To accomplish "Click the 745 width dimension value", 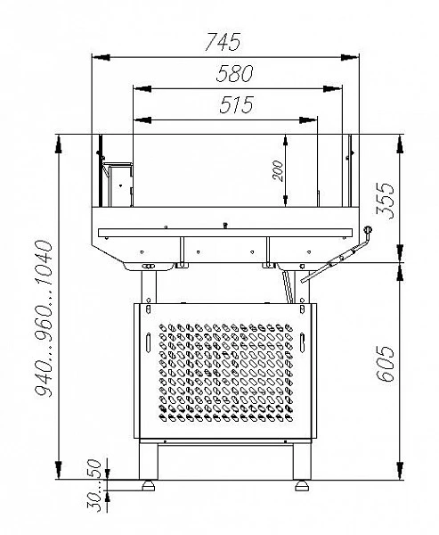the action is tap(223, 42).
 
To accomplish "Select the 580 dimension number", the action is tap(235, 73).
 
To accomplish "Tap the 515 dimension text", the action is tap(237, 104).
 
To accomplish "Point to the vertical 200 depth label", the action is tap(278, 170).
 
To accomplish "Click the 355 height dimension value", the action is tap(386, 201).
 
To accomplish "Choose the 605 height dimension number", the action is tap(386, 364).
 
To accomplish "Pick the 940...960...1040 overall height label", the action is tap(44, 318).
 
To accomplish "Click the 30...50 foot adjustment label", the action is tap(94, 485).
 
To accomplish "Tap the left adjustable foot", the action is tap(149, 486).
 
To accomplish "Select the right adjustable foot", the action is tap(302, 486).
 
